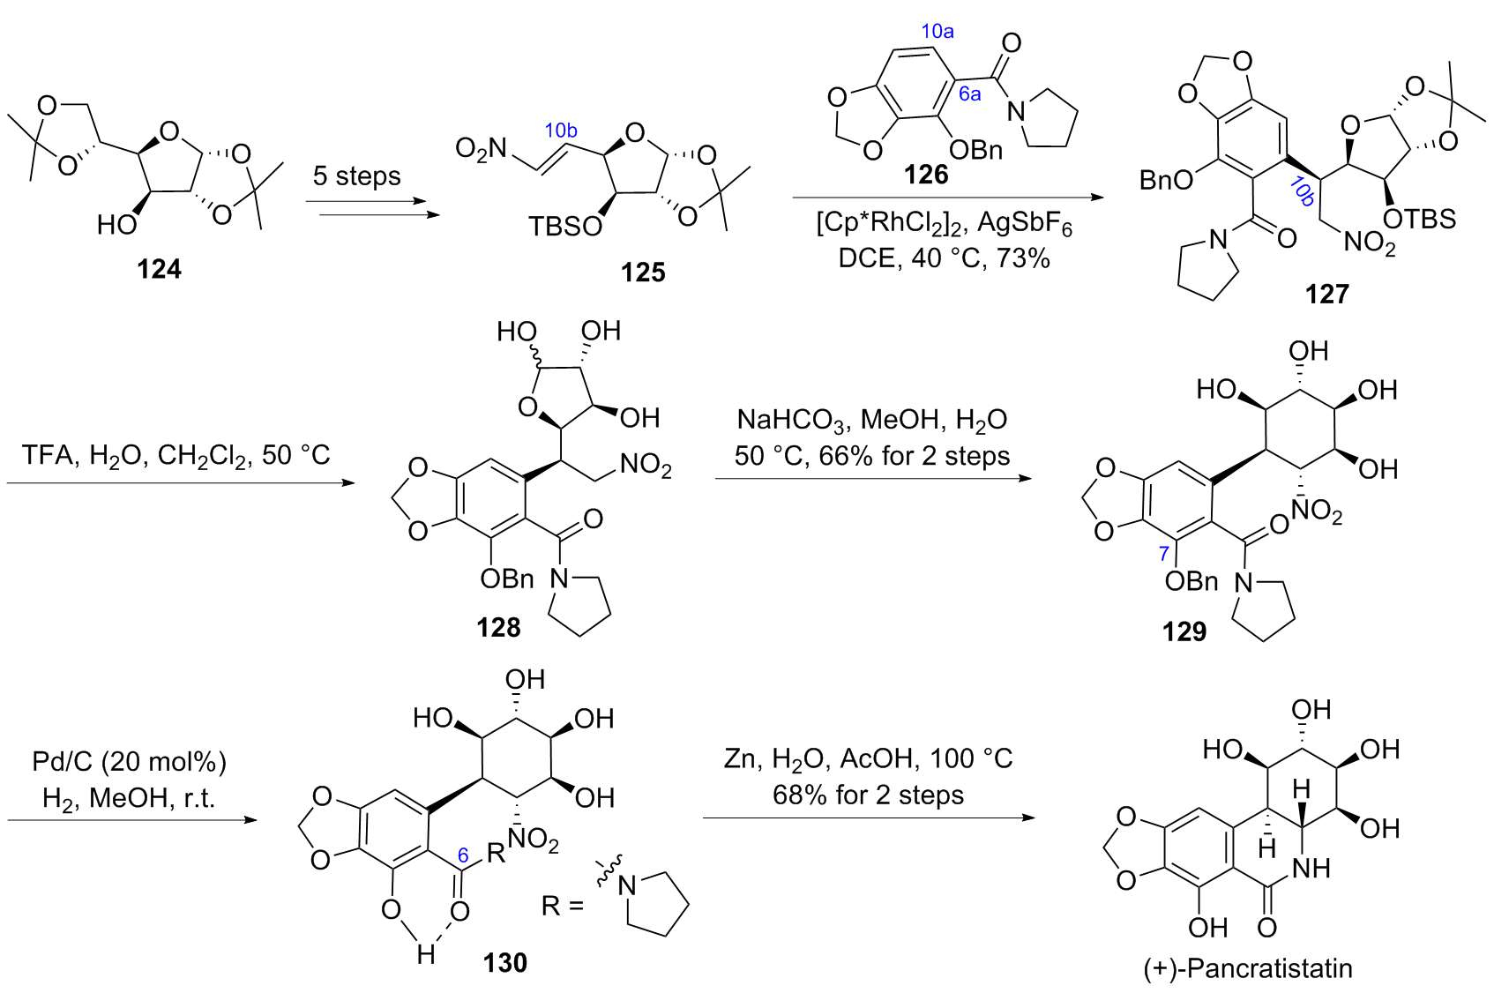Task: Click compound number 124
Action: click(x=159, y=268)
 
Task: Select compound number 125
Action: click(x=642, y=272)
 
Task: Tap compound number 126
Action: click(x=925, y=174)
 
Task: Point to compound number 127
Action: click(x=1326, y=293)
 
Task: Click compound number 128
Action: click(x=498, y=627)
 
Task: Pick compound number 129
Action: click(x=1184, y=631)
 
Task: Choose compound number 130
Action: click(x=504, y=962)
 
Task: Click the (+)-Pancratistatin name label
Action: click(x=1247, y=968)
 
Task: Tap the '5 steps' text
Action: click(x=356, y=175)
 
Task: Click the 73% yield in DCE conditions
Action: click(x=1023, y=258)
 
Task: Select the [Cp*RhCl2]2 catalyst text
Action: click(x=891, y=223)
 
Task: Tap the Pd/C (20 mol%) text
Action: click(x=129, y=761)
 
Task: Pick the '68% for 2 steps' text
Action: click(x=868, y=795)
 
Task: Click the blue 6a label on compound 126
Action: click(x=969, y=94)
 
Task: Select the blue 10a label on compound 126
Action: click(x=937, y=32)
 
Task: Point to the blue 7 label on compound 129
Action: click(x=1163, y=553)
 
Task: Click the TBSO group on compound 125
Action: click(x=564, y=227)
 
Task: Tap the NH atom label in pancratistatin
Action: click(x=1311, y=868)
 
